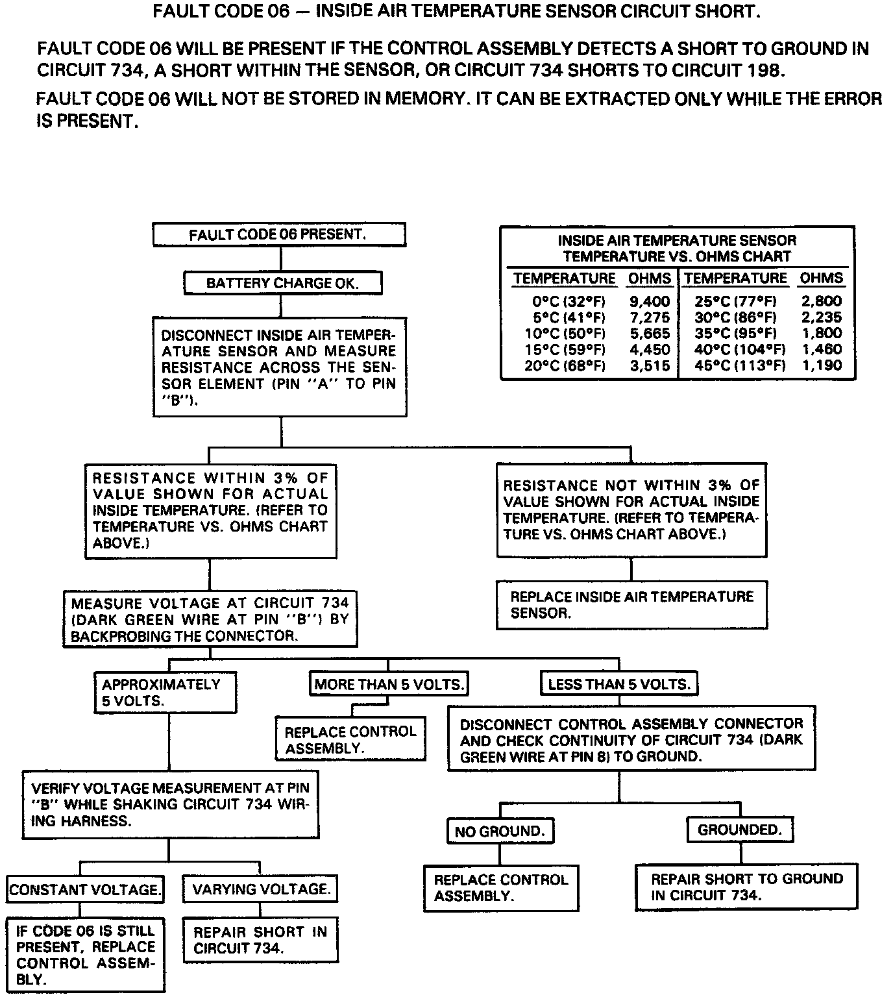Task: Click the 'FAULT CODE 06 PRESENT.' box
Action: point(278,235)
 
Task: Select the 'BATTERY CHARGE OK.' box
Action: point(282,283)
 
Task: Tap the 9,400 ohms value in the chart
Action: point(649,301)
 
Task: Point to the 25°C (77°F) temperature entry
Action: point(735,301)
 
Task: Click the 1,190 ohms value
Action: point(822,365)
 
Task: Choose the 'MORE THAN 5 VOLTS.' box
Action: point(389,684)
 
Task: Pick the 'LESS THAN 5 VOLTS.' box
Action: point(618,684)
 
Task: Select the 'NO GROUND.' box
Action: point(500,831)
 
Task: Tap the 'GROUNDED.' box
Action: point(740,830)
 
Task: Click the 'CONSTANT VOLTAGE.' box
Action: point(85,889)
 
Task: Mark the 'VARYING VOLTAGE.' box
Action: point(261,889)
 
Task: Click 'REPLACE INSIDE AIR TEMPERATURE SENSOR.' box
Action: point(631,605)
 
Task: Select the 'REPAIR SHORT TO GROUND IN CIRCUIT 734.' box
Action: point(746,887)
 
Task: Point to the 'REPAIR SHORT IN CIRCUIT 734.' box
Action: point(260,940)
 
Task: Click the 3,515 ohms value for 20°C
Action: point(649,365)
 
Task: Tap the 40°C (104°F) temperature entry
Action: point(735,349)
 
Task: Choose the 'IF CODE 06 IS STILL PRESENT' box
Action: point(86,955)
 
